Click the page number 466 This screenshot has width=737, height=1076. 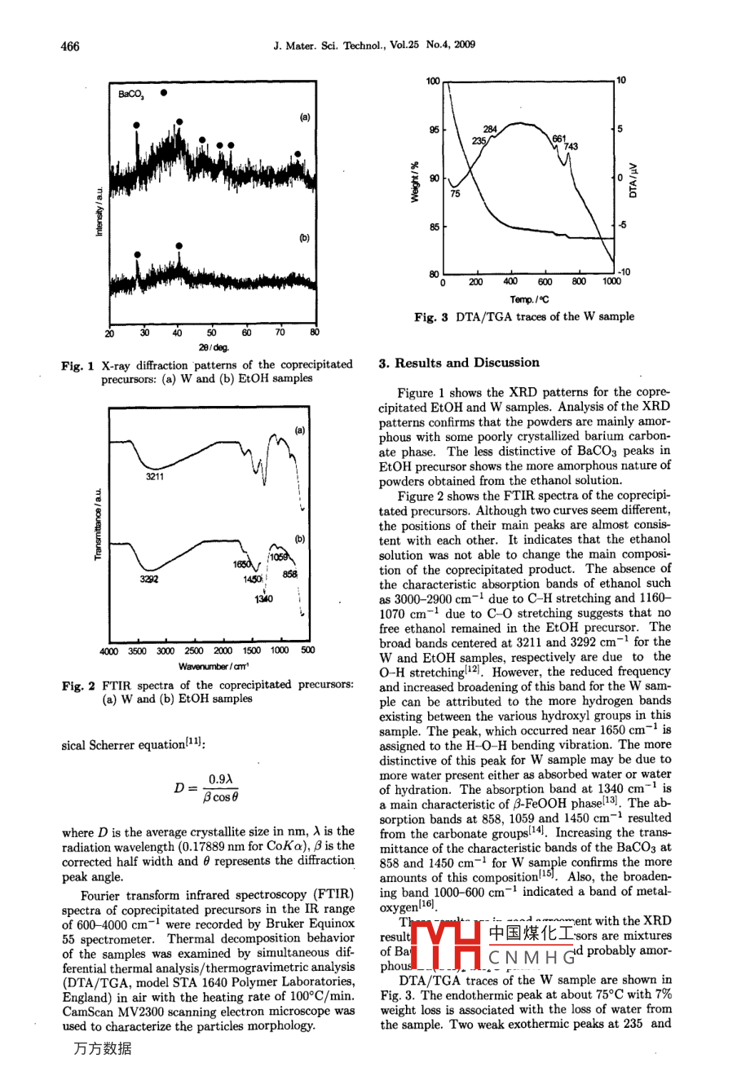coord(71,46)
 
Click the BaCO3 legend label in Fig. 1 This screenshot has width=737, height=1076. coord(130,95)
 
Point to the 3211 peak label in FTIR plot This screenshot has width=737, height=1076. coord(155,476)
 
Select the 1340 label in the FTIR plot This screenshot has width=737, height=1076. coord(263,598)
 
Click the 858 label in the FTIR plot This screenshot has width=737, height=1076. coord(290,574)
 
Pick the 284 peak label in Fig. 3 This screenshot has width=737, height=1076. coord(490,130)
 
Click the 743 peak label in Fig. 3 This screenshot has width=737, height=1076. coord(571,147)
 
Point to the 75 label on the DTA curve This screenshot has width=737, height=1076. coord(455,194)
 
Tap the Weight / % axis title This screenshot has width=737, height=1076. coord(414,181)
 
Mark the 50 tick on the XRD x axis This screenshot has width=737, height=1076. coord(211,333)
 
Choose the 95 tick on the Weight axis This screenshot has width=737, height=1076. coord(433,130)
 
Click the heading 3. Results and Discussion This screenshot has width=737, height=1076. coord(459,363)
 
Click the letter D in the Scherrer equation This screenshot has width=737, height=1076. coord(179,787)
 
